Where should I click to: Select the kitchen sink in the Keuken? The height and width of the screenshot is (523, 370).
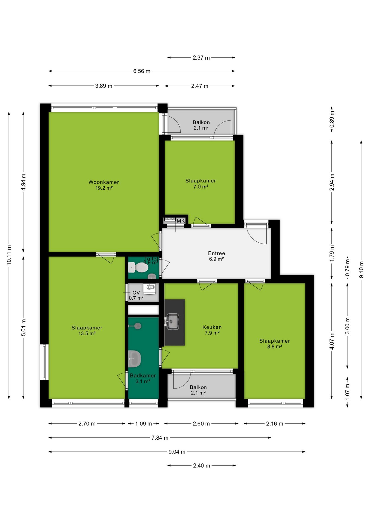click(172, 321)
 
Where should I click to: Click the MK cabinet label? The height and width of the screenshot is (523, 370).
click(181, 221)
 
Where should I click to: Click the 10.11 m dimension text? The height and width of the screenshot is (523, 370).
click(9, 255)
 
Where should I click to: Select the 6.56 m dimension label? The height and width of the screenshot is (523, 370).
click(142, 71)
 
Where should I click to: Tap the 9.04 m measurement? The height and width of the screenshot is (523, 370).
click(177, 452)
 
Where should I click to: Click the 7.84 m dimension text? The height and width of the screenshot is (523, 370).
click(160, 438)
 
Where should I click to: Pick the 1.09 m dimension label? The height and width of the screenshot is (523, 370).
click(144, 424)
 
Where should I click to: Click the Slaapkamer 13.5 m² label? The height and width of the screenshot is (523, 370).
click(87, 330)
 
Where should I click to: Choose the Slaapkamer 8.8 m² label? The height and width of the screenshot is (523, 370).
click(275, 343)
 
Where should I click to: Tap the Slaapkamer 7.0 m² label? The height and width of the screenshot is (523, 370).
click(201, 184)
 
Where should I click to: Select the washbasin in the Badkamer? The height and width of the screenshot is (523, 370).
click(134, 359)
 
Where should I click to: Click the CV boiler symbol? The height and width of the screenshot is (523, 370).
click(149, 288)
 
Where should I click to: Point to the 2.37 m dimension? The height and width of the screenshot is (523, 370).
click(201, 58)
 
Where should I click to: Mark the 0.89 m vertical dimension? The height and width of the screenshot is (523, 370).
click(332, 119)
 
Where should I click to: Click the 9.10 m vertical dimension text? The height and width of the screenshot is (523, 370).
click(361, 270)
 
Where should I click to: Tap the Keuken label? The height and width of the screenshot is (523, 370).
click(212, 330)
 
